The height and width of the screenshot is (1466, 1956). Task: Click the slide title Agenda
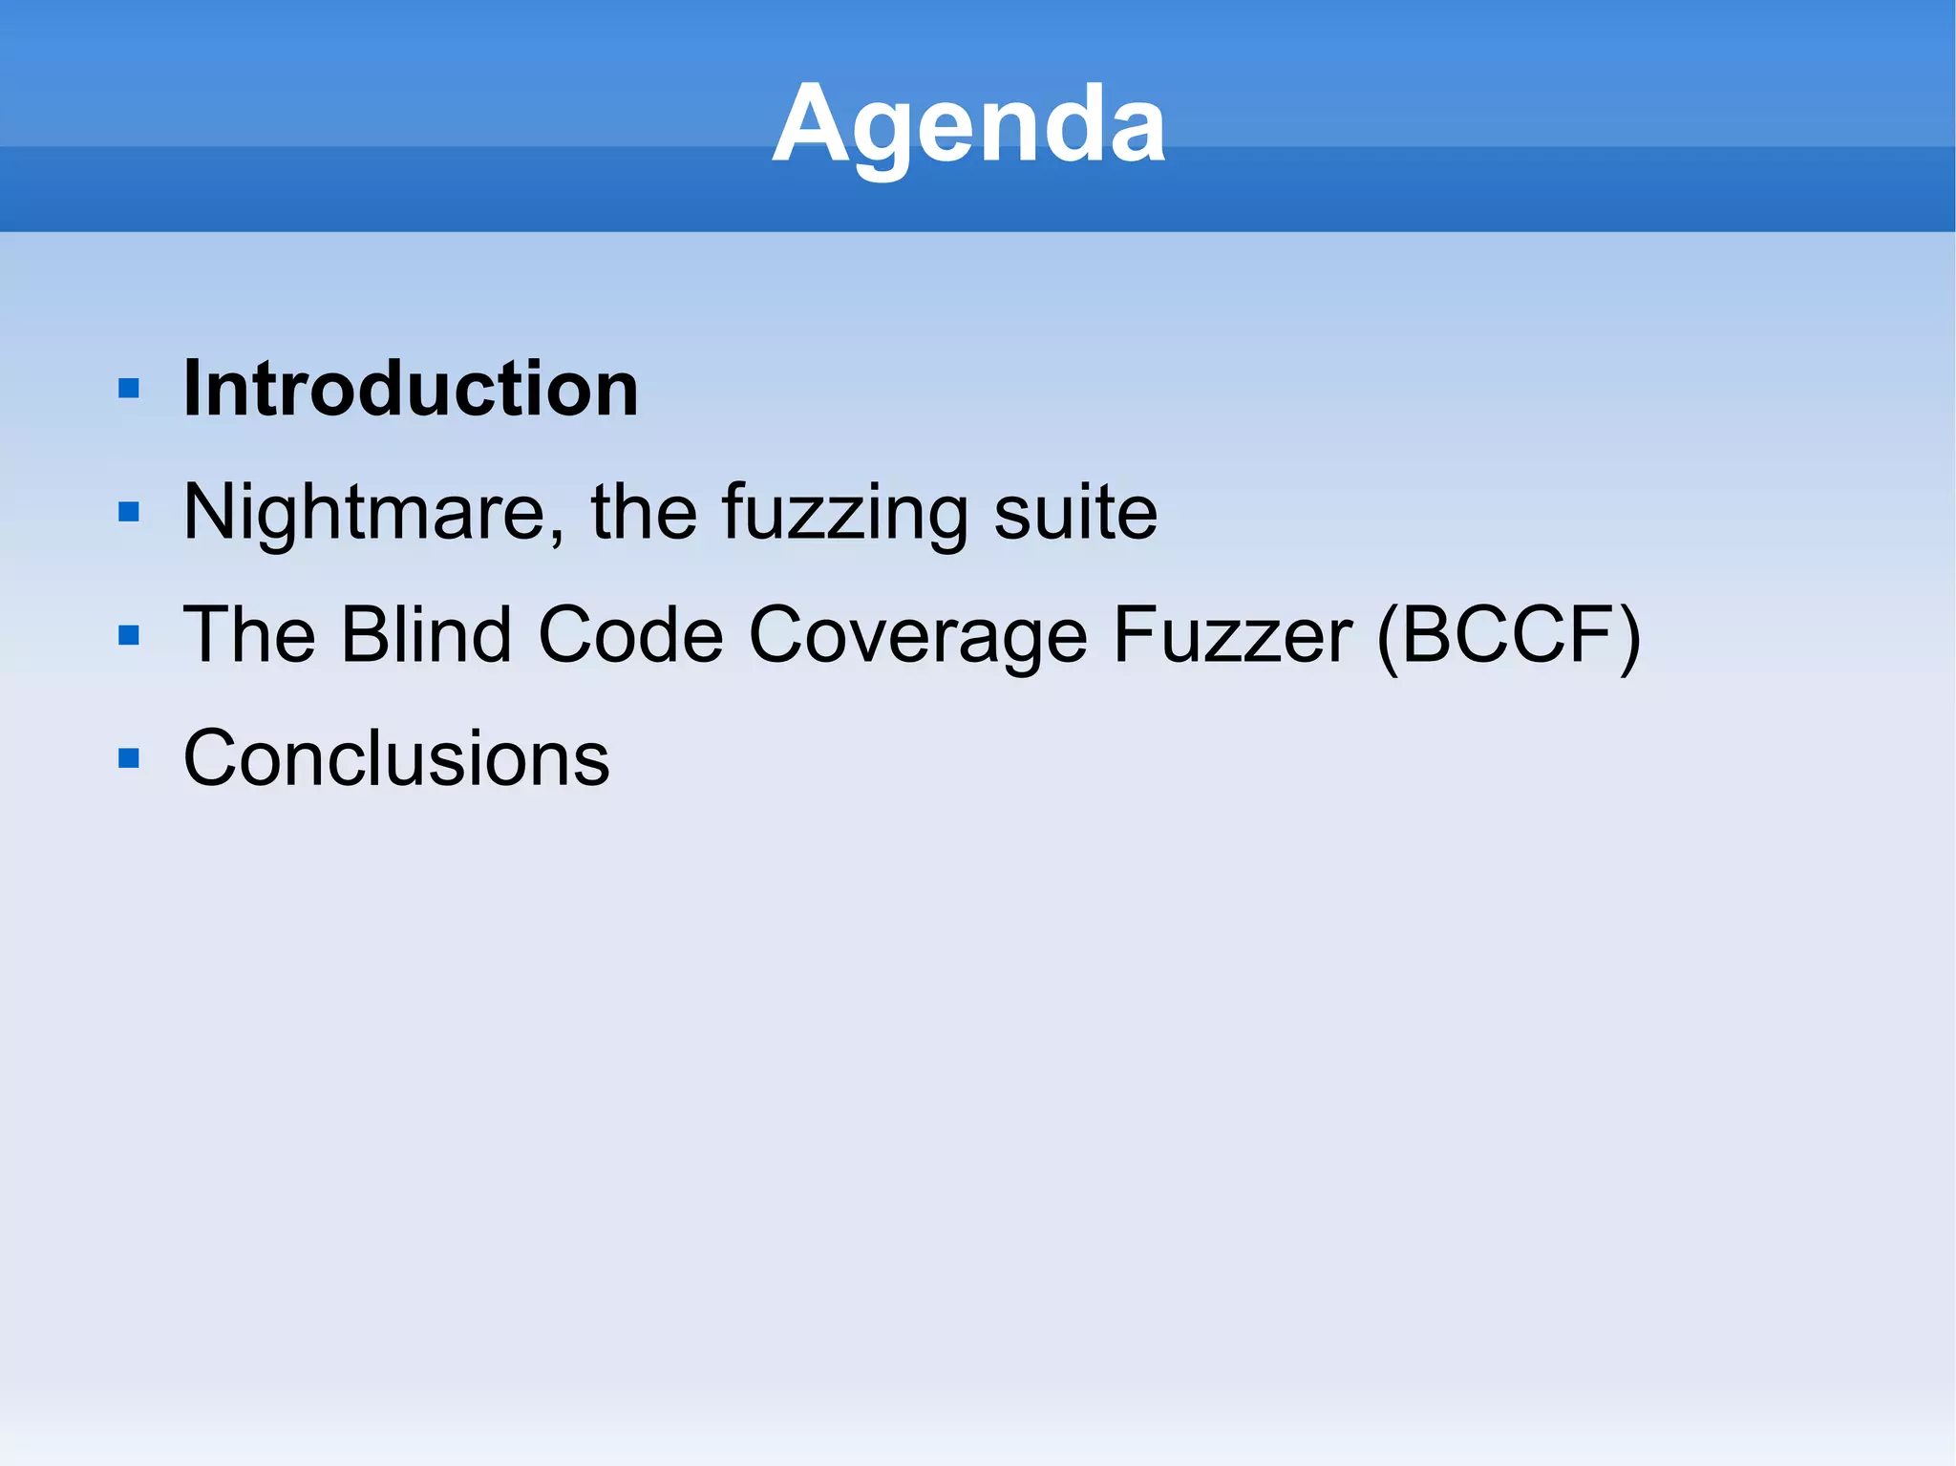coord(968,125)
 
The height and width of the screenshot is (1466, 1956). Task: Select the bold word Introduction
coord(411,389)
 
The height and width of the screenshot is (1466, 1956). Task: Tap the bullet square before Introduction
coord(129,389)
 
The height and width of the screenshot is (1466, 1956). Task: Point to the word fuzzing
coord(843,513)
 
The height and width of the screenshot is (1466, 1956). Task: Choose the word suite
coord(1075,513)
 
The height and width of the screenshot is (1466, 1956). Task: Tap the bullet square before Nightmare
coord(129,513)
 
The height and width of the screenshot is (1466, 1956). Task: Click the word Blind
coord(427,635)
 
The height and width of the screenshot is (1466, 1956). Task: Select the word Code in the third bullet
coord(630,635)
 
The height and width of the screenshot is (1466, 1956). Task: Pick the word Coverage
coord(917,635)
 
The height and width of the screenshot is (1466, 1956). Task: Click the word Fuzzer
coord(1232,635)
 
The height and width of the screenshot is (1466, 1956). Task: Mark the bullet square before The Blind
coord(129,635)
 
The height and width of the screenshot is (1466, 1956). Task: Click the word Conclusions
coord(396,758)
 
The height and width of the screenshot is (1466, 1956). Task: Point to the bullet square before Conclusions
coord(129,758)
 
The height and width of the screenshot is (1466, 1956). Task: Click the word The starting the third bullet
coord(249,635)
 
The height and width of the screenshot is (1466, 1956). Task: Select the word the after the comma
coord(644,513)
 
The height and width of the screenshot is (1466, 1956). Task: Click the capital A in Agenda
coord(812,125)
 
